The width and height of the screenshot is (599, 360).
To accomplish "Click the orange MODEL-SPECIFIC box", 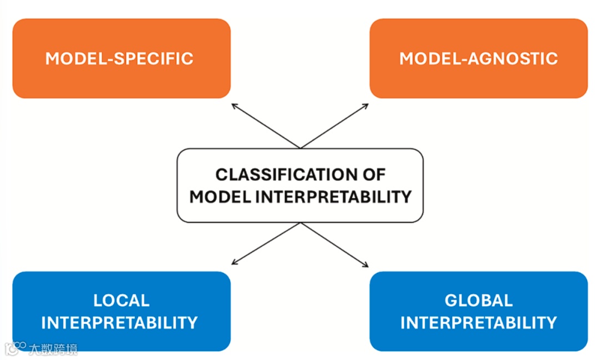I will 121,78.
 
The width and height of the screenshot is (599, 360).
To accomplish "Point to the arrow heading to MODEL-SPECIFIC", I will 266,126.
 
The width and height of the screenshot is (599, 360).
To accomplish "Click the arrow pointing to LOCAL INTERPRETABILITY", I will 266,243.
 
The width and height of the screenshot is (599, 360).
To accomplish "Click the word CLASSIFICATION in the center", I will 280,175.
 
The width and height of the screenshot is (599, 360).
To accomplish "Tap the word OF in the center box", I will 373,175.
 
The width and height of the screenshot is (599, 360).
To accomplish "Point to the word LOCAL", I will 121,301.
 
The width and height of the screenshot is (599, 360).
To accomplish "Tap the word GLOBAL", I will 478,301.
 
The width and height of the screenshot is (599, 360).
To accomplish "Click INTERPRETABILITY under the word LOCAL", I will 119,322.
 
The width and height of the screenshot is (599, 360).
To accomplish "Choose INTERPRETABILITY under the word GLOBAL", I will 478,322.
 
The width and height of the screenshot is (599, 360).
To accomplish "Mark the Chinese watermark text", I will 53,348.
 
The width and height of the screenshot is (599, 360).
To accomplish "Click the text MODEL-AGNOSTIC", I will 478,58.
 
